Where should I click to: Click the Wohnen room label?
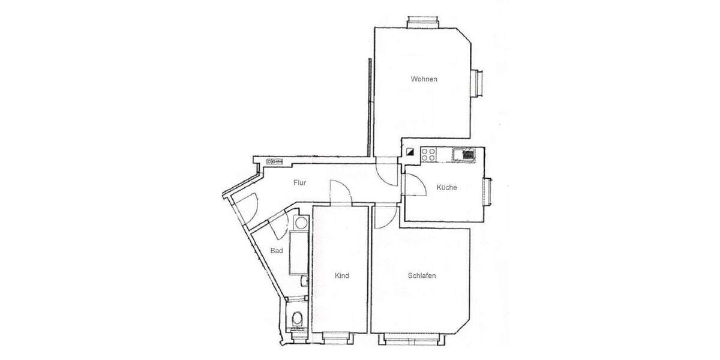tap(424, 79)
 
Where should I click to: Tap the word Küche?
tap(446, 187)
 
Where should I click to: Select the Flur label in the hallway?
tap(300, 183)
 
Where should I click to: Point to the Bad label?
tap(276, 251)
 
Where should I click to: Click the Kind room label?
tap(341, 276)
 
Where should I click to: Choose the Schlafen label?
tap(421, 276)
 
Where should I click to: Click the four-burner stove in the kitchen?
tap(428, 154)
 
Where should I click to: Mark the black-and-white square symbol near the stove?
tap(410, 152)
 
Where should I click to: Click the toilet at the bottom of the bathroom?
tap(296, 318)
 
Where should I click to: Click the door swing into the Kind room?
tap(340, 193)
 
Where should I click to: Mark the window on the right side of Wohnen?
tap(479, 83)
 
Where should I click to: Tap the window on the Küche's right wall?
tap(489, 193)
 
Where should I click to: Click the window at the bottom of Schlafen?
tap(412, 340)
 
